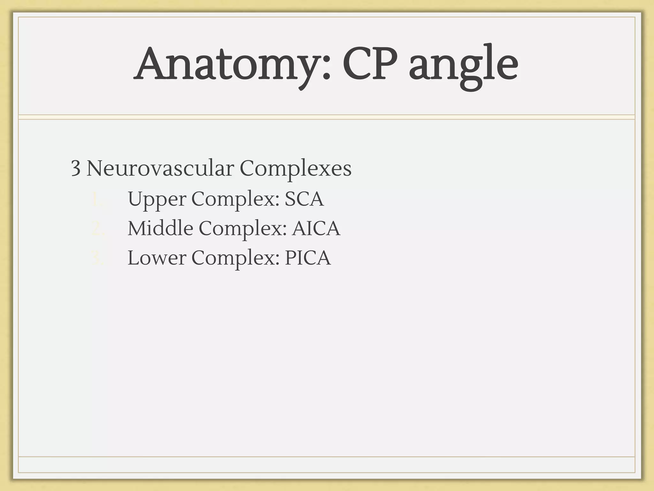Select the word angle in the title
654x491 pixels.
pos(463,66)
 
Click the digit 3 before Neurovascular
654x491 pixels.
pos(75,168)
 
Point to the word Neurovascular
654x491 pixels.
pos(160,168)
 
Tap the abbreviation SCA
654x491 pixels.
pos(304,199)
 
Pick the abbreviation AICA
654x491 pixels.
pos(316,228)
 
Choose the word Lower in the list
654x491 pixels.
pos(156,258)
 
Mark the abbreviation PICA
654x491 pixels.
pos(308,258)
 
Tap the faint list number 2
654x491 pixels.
pos(97,229)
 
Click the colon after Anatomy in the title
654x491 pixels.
pos(326,69)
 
